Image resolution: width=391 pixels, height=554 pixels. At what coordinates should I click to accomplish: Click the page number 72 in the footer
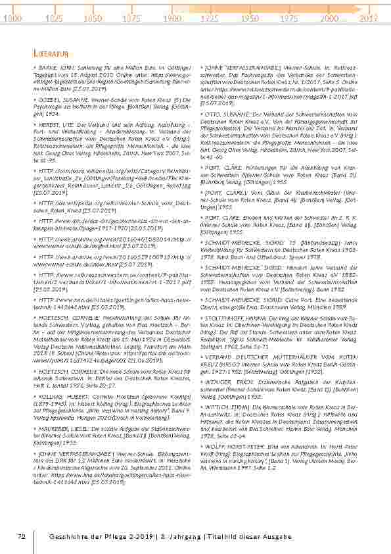[x=21, y=538]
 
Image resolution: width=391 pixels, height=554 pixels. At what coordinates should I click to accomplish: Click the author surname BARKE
[x=48, y=68]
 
